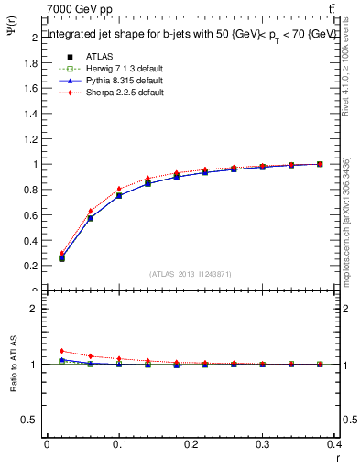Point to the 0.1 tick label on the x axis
(119, 445)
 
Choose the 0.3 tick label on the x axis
(263, 445)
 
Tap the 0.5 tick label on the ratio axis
(29, 420)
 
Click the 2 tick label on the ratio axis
(33, 309)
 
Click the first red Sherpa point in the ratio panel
(61, 351)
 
